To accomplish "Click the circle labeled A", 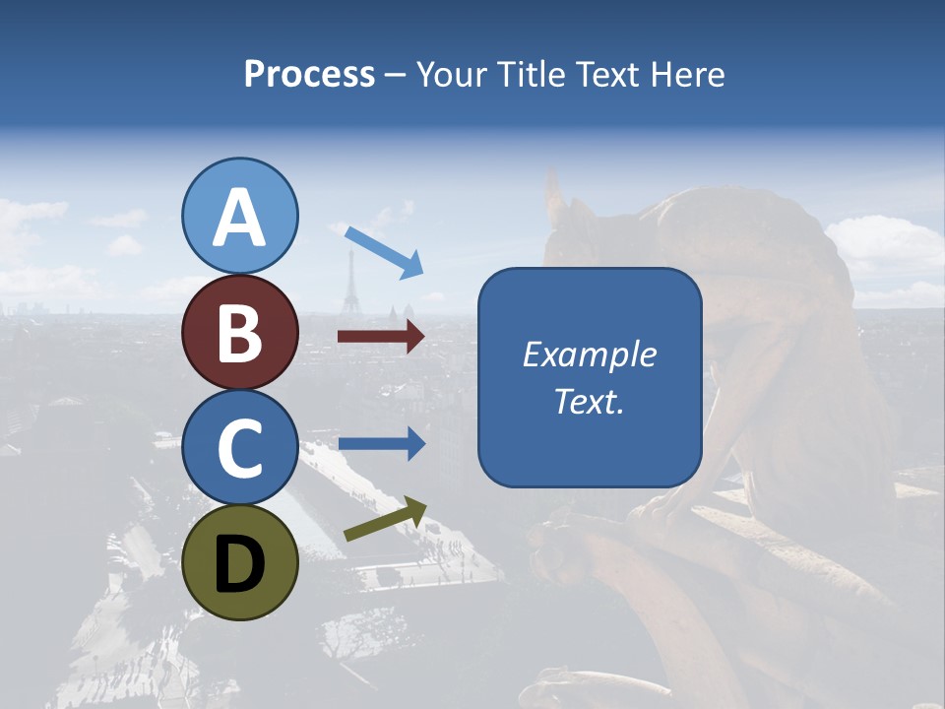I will coord(240,216).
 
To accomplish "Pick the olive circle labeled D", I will coord(240,562).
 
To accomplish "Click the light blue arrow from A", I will coord(383,251).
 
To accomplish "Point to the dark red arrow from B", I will coord(381,337).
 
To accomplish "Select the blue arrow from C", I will coord(381,443).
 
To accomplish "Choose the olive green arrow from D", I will coord(385,519).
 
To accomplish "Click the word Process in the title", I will coord(309,75).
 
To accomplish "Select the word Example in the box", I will coord(589,354).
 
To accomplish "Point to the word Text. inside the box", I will coord(589,401).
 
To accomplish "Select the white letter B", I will coord(240,333).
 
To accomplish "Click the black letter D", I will coord(240,564).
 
